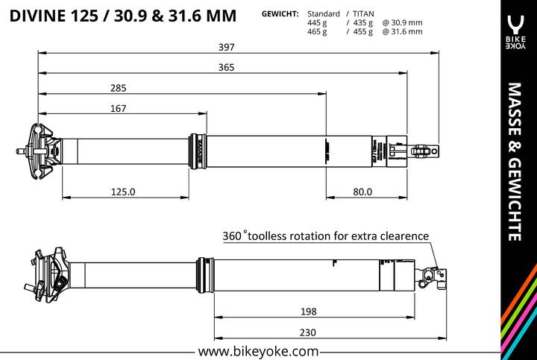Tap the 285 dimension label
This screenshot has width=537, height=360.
pyautogui.click(x=118, y=88)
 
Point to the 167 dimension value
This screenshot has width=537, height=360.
pyautogui.click(x=118, y=108)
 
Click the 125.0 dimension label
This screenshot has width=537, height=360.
pyautogui.click(x=123, y=192)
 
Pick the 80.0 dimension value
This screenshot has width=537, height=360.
pyautogui.click(x=362, y=192)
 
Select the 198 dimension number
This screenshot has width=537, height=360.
pyautogui.click(x=309, y=311)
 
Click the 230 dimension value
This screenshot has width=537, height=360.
pyautogui.click(x=309, y=332)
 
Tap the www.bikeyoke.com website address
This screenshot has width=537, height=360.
pyautogui.click(x=259, y=350)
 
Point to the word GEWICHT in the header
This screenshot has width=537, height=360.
pyautogui.click(x=280, y=14)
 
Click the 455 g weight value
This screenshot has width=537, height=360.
pyautogui.click(x=361, y=31)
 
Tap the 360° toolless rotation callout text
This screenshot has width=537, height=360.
pyautogui.click(x=326, y=236)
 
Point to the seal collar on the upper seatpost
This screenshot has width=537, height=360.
pyautogui.click(x=198, y=151)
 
